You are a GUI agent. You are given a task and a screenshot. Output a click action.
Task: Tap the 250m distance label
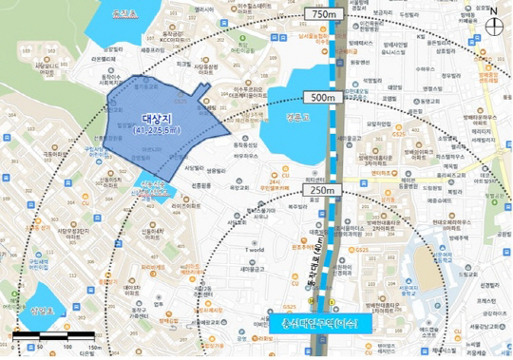click(x=322, y=190)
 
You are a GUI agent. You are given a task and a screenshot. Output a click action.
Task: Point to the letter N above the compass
click(x=495, y=10)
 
